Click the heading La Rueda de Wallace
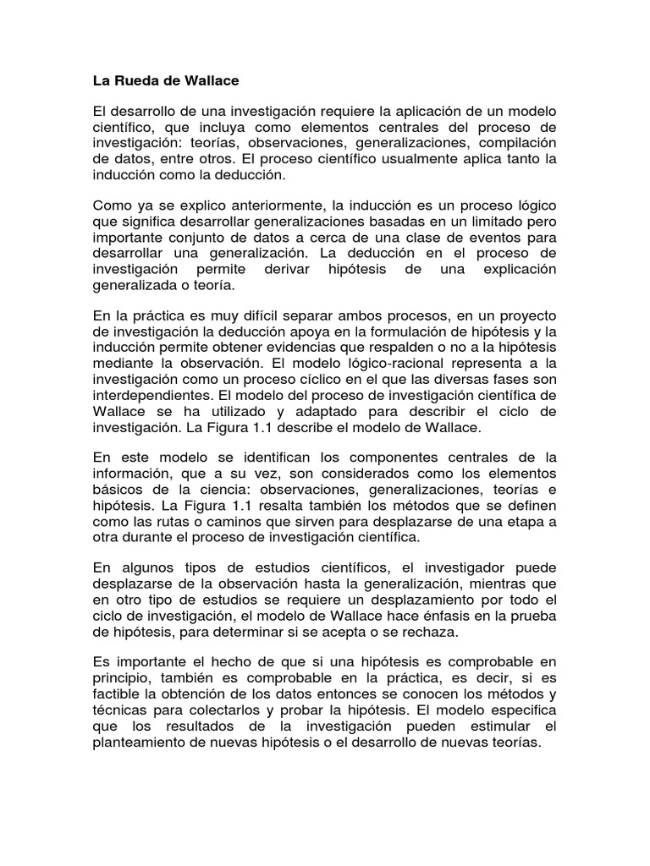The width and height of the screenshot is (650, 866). pos(166,82)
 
